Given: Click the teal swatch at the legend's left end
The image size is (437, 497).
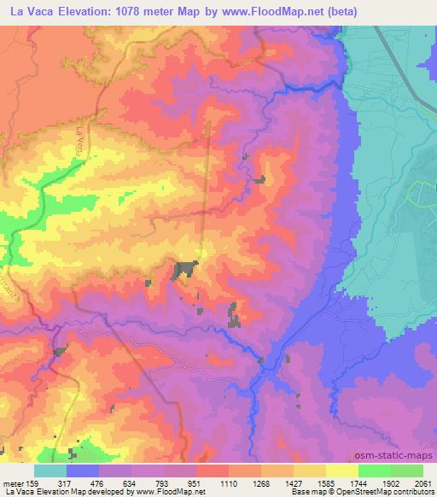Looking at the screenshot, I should pyautogui.click(x=50, y=471).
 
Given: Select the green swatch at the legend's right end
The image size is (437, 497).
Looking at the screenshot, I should pyautogui.click(x=406, y=471).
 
